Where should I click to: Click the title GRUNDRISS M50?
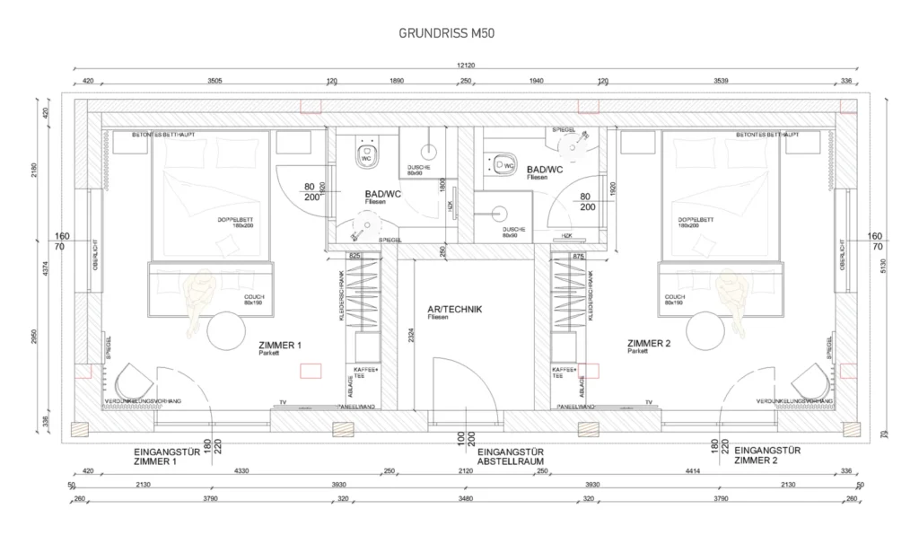click(446, 33)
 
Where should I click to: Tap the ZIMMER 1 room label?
click(280, 346)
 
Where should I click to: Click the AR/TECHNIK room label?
click(455, 310)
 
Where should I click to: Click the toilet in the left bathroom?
click(366, 153)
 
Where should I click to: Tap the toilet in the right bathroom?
click(503, 165)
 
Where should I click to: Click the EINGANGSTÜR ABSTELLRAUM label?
click(513, 457)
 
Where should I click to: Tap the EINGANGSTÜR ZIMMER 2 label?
click(767, 455)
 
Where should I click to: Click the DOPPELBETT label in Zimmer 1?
click(232, 220)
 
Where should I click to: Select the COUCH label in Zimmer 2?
click(675, 297)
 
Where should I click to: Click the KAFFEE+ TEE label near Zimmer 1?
click(365, 373)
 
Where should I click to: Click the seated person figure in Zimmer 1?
click(195, 301)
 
